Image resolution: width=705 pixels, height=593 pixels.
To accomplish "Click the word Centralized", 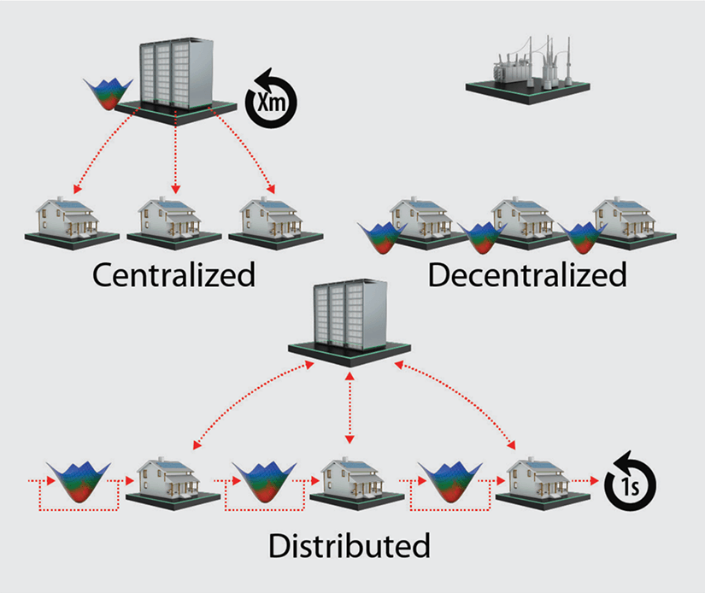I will click(x=173, y=275).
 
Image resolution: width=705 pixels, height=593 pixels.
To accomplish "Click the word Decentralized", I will click(x=527, y=275).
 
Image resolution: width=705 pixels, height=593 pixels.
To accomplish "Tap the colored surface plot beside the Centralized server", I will click(x=108, y=94).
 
